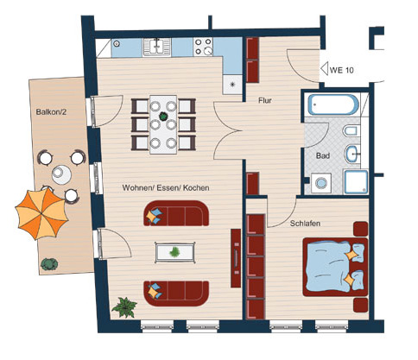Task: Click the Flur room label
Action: click(x=265, y=100)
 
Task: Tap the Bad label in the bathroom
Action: click(x=323, y=155)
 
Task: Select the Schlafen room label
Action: click(x=305, y=224)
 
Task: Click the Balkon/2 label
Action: click(x=51, y=111)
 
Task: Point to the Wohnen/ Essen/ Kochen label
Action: click(x=166, y=187)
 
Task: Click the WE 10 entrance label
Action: click(x=341, y=70)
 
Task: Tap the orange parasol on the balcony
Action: click(x=41, y=213)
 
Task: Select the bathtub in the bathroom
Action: click(x=333, y=104)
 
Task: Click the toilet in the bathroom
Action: click(x=351, y=131)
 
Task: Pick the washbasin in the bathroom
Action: click(x=352, y=154)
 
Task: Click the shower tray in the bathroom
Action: click(x=356, y=182)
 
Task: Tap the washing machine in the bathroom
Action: click(x=321, y=183)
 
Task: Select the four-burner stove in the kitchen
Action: click(x=203, y=47)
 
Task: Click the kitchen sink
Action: click(x=157, y=47)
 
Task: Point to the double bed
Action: click(x=335, y=267)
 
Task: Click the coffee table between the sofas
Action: click(x=174, y=253)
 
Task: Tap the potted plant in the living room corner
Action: click(x=124, y=307)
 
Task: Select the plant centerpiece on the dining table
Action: click(x=163, y=117)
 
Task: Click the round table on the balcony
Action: click(x=61, y=174)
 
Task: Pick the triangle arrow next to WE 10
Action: click(x=325, y=69)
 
